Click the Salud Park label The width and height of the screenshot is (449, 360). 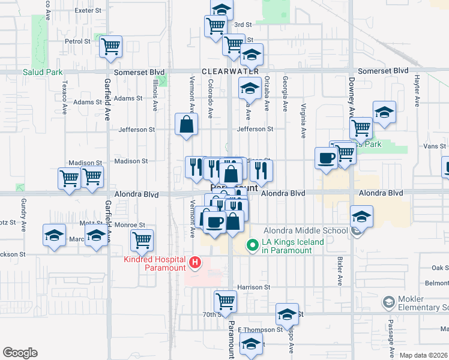click(x=43, y=72)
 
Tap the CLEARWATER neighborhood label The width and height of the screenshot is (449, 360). click(x=230, y=71)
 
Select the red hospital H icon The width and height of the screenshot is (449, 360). click(x=194, y=262)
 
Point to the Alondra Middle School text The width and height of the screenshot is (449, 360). click(x=306, y=230)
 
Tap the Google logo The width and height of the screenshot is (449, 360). click(x=20, y=353)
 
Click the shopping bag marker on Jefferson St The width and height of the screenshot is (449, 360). click(x=187, y=125)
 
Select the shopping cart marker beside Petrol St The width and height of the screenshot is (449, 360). click(x=111, y=46)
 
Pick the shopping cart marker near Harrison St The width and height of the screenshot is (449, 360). click(x=225, y=300)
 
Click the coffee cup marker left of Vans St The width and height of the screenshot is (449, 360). click(x=326, y=158)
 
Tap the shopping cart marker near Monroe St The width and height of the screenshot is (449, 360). click(x=142, y=241)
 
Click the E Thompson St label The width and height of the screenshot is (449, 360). click(x=260, y=330)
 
